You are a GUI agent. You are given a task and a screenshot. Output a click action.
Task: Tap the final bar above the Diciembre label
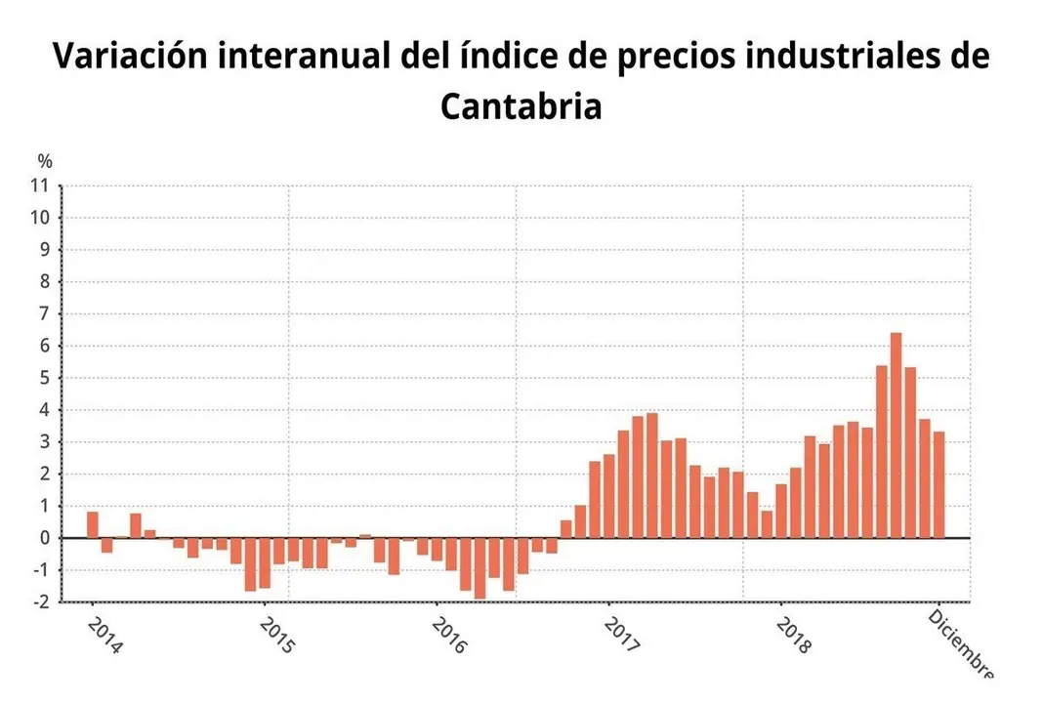tap(939, 485)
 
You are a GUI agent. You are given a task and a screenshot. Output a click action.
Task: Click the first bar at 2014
tap(93, 525)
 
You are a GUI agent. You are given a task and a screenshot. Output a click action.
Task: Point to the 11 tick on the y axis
tap(41, 186)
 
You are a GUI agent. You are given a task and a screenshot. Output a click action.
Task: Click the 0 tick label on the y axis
tap(42, 538)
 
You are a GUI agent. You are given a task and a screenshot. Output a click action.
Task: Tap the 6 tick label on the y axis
tap(42, 346)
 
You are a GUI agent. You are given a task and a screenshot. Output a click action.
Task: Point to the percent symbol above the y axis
tap(45, 161)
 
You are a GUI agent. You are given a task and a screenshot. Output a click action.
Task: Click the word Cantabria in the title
tap(521, 106)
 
